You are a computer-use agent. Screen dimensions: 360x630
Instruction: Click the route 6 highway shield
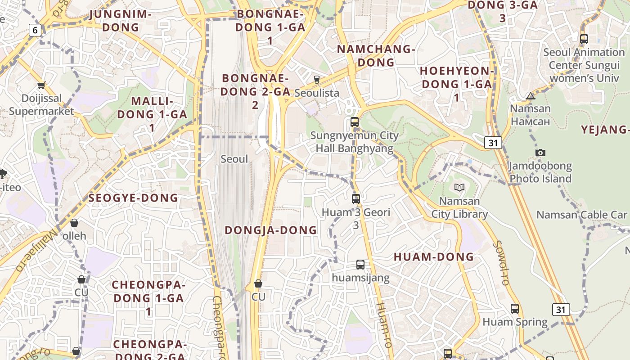coord(35,30)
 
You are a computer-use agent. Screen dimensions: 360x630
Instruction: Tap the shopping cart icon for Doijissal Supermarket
coord(41,85)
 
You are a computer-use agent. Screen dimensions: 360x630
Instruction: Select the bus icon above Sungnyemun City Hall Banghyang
coord(355,121)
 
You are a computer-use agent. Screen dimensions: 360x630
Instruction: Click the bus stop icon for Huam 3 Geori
coord(356,198)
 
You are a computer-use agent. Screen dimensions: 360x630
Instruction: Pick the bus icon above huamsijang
coord(360,265)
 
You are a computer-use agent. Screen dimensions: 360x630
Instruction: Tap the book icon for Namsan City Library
coord(459,187)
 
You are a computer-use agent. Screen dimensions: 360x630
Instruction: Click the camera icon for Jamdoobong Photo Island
coord(540,153)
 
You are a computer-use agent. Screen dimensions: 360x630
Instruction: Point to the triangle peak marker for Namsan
coord(531,95)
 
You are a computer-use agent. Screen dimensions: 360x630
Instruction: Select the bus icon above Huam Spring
coord(515,309)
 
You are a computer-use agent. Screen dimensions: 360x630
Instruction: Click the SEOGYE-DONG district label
coord(133,198)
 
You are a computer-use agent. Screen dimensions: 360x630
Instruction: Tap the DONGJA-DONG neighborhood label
coord(271,230)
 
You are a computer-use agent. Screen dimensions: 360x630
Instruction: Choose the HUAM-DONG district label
coord(434,257)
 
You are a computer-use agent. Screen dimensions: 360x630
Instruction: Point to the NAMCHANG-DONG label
coord(376,56)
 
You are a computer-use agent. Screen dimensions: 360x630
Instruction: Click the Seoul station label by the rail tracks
coord(234,159)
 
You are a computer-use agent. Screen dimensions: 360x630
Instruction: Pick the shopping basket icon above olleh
coord(74,223)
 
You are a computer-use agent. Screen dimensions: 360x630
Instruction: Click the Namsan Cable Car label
coord(581,215)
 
